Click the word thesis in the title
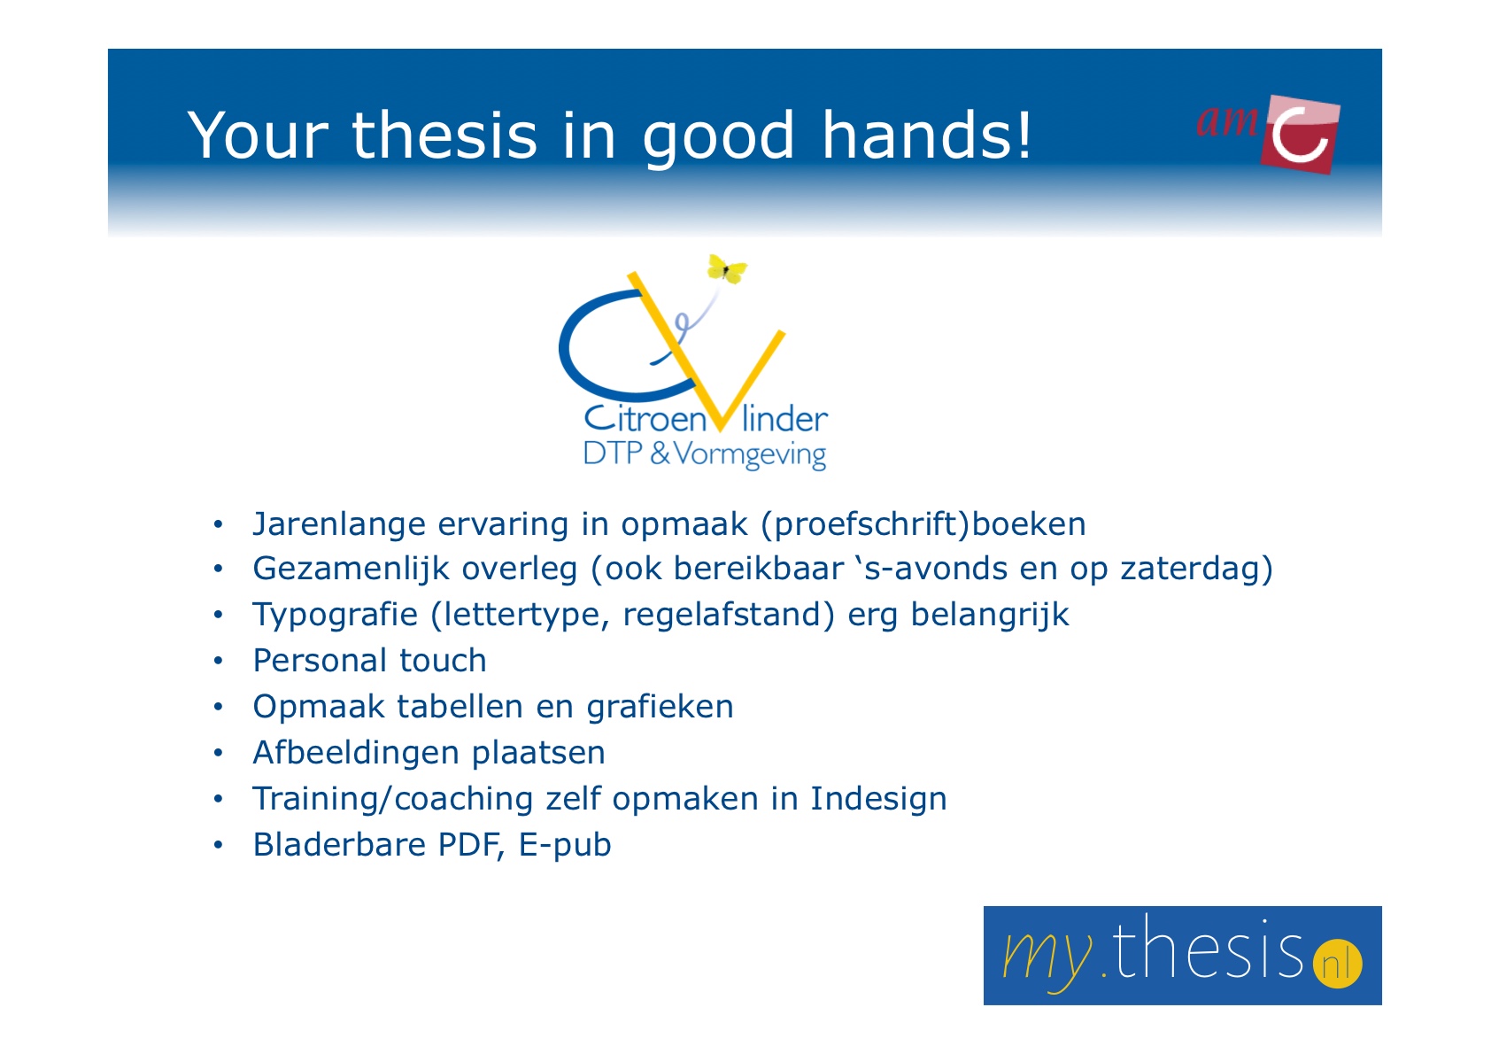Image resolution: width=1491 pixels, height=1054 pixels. (444, 136)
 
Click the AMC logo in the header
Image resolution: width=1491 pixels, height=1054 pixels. (1268, 133)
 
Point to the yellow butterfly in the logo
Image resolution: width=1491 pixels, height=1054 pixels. (726, 269)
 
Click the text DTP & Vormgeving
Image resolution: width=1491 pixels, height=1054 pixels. (705, 454)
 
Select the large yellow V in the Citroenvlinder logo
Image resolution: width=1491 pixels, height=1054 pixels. (707, 350)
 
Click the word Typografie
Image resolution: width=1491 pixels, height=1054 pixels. (335, 615)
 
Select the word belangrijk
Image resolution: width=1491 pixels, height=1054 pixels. (989, 615)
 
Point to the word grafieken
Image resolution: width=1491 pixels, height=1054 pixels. (660, 707)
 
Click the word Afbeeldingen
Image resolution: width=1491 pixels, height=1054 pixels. (356, 753)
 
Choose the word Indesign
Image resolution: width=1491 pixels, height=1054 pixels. (878, 799)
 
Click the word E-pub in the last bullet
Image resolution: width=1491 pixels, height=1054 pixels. (565, 845)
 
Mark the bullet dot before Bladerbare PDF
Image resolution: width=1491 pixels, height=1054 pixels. (218, 846)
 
